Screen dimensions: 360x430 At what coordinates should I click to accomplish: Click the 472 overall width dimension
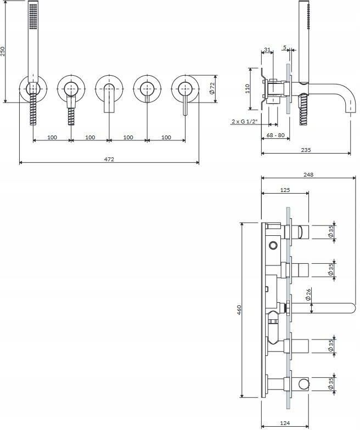tap(109, 159)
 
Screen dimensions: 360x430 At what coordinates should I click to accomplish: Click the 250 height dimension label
tap(3, 52)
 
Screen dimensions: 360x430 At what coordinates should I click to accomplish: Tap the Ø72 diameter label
tap(212, 88)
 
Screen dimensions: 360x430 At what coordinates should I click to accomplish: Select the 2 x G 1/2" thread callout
tap(245, 121)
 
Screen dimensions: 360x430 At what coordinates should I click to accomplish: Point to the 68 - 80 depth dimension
tap(275, 135)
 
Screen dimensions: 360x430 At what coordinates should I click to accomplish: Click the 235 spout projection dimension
tap(306, 150)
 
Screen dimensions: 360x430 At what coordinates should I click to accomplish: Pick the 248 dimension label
tap(308, 174)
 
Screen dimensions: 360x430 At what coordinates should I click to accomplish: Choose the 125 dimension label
tap(285, 190)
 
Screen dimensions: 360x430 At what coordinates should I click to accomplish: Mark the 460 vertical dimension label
tap(239, 309)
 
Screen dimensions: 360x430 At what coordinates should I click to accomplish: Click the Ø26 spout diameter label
tap(308, 294)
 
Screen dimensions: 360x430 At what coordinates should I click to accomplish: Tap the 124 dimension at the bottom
tap(285, 423)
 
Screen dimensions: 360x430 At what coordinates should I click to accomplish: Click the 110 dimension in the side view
tap(247, 89)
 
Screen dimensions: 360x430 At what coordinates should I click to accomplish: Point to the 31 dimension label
tap(267, 49)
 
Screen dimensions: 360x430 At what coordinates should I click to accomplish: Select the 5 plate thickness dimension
tap(285, 47)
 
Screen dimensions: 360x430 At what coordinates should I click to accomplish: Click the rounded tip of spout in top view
tap(352, 308)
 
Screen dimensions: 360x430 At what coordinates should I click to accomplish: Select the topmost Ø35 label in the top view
tap(331, 231)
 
